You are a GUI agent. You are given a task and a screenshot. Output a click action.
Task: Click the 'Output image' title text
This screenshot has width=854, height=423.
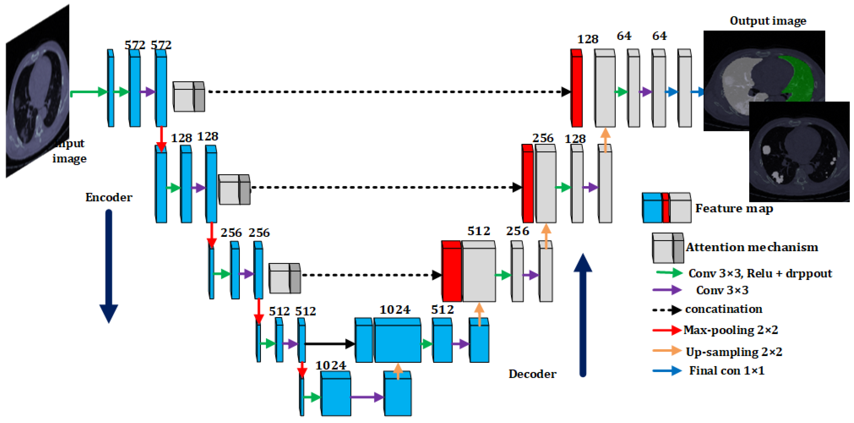pos(768,21)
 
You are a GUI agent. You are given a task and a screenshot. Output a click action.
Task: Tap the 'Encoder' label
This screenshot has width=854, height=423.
pos(109,197)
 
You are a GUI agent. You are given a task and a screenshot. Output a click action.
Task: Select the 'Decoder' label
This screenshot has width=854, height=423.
pos(533,374)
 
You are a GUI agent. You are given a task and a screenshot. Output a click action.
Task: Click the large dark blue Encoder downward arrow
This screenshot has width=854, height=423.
pos(109,265)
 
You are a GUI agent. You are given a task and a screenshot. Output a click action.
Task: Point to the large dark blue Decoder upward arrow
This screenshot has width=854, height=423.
pos(582,315)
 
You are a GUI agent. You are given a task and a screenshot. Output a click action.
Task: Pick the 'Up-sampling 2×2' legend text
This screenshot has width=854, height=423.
pos(734,351)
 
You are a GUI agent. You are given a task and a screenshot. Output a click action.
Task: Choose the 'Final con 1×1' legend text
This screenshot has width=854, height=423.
pos(727,370)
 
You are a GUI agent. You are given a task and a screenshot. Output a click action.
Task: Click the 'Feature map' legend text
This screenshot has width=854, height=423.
pos(734,208)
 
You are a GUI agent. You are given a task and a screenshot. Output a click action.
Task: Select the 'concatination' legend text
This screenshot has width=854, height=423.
pos(724,309)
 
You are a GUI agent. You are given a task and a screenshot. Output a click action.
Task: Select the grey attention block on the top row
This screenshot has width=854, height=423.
pos(189,96)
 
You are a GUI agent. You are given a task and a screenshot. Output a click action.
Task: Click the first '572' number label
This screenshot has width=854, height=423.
pos(135,45)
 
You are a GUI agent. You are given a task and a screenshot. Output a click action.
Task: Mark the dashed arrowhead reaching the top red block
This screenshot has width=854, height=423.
pos(566,92)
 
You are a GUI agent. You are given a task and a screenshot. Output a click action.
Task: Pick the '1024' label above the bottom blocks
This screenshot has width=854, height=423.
pos(331,365)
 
